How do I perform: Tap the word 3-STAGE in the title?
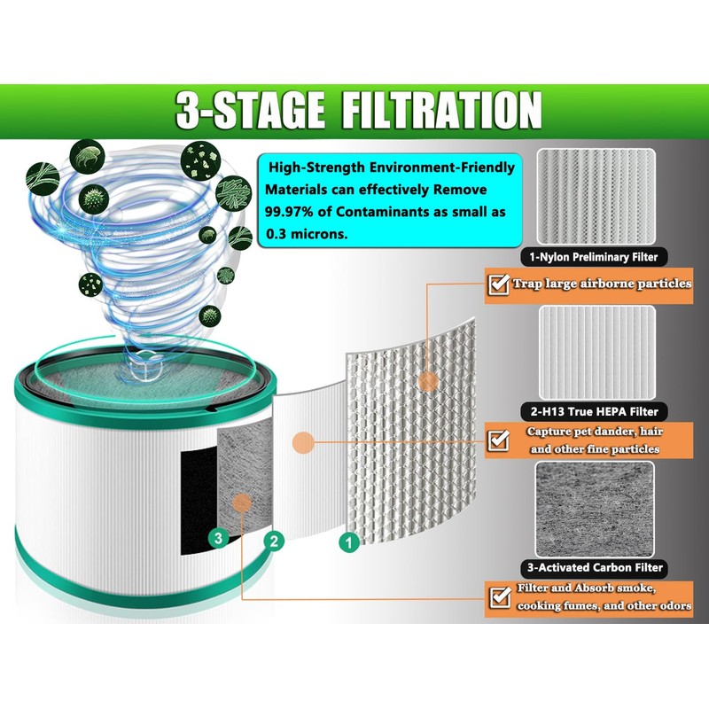(x=237, y=113)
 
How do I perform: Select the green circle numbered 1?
(x=349, y=539)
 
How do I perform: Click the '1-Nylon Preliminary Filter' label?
(x=595, y=258)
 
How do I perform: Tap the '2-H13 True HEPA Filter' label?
(x=595, y=412)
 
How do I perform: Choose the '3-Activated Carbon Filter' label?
(x=595, y=567)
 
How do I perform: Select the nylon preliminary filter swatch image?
(x=596, y=198)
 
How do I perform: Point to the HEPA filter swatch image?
(x=596, y=352)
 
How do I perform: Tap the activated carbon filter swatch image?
(x=596, y=507)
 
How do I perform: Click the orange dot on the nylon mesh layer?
(x=428, y=381)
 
